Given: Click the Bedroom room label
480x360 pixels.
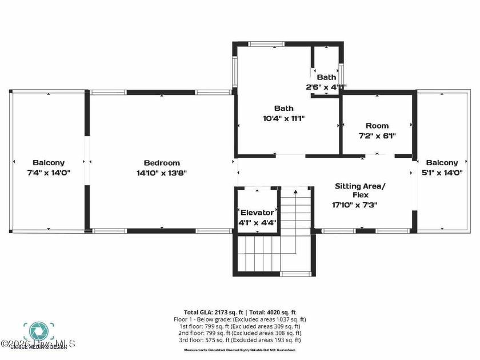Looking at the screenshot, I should (162, 163).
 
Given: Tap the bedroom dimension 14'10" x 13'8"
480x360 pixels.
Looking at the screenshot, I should (162, 173).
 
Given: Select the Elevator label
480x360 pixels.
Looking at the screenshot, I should (257, 213).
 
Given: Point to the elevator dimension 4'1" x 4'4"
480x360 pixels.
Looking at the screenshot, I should (257, 222).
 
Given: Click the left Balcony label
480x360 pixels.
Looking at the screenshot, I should (49, 163).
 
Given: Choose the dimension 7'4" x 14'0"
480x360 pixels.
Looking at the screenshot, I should (49, 173).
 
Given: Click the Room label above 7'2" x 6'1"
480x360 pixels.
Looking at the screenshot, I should (377, 126).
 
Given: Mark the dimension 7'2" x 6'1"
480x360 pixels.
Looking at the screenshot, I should (377, 136).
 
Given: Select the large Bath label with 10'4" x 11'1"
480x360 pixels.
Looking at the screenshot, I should (283, 108).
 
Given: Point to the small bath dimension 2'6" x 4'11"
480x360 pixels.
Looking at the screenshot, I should (326, 87).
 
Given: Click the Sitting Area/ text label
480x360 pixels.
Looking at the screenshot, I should (360, 186).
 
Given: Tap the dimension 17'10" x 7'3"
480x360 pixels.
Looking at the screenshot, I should (355, 205).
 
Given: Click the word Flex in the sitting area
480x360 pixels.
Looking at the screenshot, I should (360, 195).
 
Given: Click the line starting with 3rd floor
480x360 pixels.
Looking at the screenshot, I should (240, 340).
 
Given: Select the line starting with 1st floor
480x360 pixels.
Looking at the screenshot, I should (240, 326).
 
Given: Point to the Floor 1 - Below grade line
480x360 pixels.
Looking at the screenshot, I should (240, 319).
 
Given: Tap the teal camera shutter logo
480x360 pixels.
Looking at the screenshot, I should (38, 330).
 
